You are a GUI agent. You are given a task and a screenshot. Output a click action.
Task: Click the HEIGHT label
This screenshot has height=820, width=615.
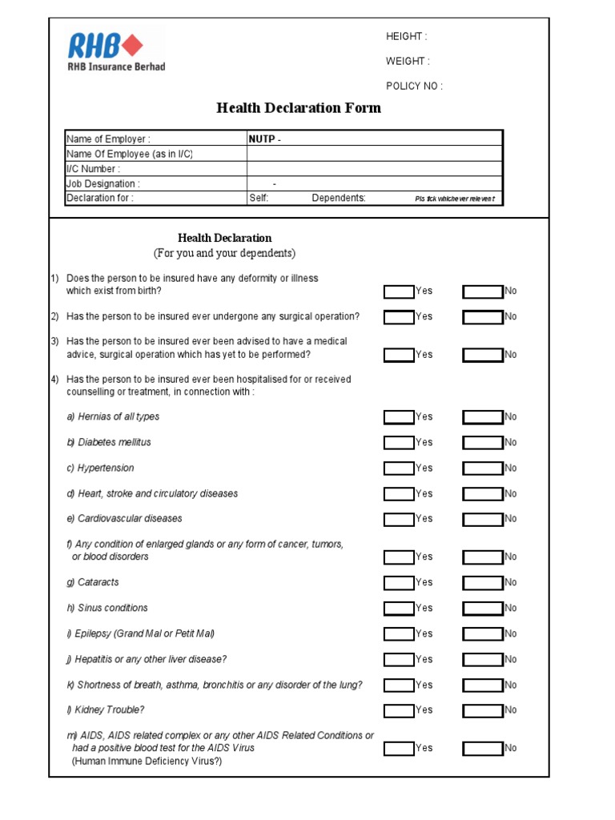click(407, 36)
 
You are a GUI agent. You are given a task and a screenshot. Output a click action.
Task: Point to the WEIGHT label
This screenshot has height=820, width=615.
click(408, 61)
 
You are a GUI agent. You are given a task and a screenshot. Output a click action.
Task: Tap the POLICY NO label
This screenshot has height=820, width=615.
click(414, 86)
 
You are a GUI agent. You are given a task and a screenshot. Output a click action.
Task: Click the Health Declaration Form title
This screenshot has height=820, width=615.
click(299, 108)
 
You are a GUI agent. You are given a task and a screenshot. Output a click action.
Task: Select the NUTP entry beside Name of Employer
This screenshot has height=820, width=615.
click(264, 139)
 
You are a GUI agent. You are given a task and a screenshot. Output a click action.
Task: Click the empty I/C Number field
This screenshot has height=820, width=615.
click(374, 169)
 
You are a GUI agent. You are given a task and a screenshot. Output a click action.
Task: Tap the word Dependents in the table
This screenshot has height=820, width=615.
click(339, 198)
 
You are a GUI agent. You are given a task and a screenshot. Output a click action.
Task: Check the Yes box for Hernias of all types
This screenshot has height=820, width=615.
click(399, 417)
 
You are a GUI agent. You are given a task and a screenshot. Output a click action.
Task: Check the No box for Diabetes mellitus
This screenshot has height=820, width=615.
click(483, 443)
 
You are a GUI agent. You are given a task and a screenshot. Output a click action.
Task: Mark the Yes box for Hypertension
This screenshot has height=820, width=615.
click(399, 468)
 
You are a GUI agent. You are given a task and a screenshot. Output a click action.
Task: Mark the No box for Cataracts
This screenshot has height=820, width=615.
click(483, 583)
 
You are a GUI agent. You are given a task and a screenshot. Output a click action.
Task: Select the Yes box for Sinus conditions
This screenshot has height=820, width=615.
click(399, 609)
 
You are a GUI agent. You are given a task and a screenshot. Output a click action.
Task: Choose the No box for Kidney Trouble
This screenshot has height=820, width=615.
click(483, 710)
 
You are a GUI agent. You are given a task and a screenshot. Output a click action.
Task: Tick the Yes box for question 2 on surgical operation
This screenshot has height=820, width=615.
click(399, 317)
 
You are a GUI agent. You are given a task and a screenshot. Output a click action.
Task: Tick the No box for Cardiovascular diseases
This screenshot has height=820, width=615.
click(483, 519)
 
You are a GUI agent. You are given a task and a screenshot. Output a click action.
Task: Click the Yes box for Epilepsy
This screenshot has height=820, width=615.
click(399, 634)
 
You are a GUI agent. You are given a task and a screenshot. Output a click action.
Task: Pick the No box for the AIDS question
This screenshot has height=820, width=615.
click(483, 749)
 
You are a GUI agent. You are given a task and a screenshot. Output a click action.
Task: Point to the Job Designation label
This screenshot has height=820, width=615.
click(102, 183)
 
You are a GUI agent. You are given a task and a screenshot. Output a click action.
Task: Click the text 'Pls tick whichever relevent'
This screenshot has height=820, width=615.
click(454, 199)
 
